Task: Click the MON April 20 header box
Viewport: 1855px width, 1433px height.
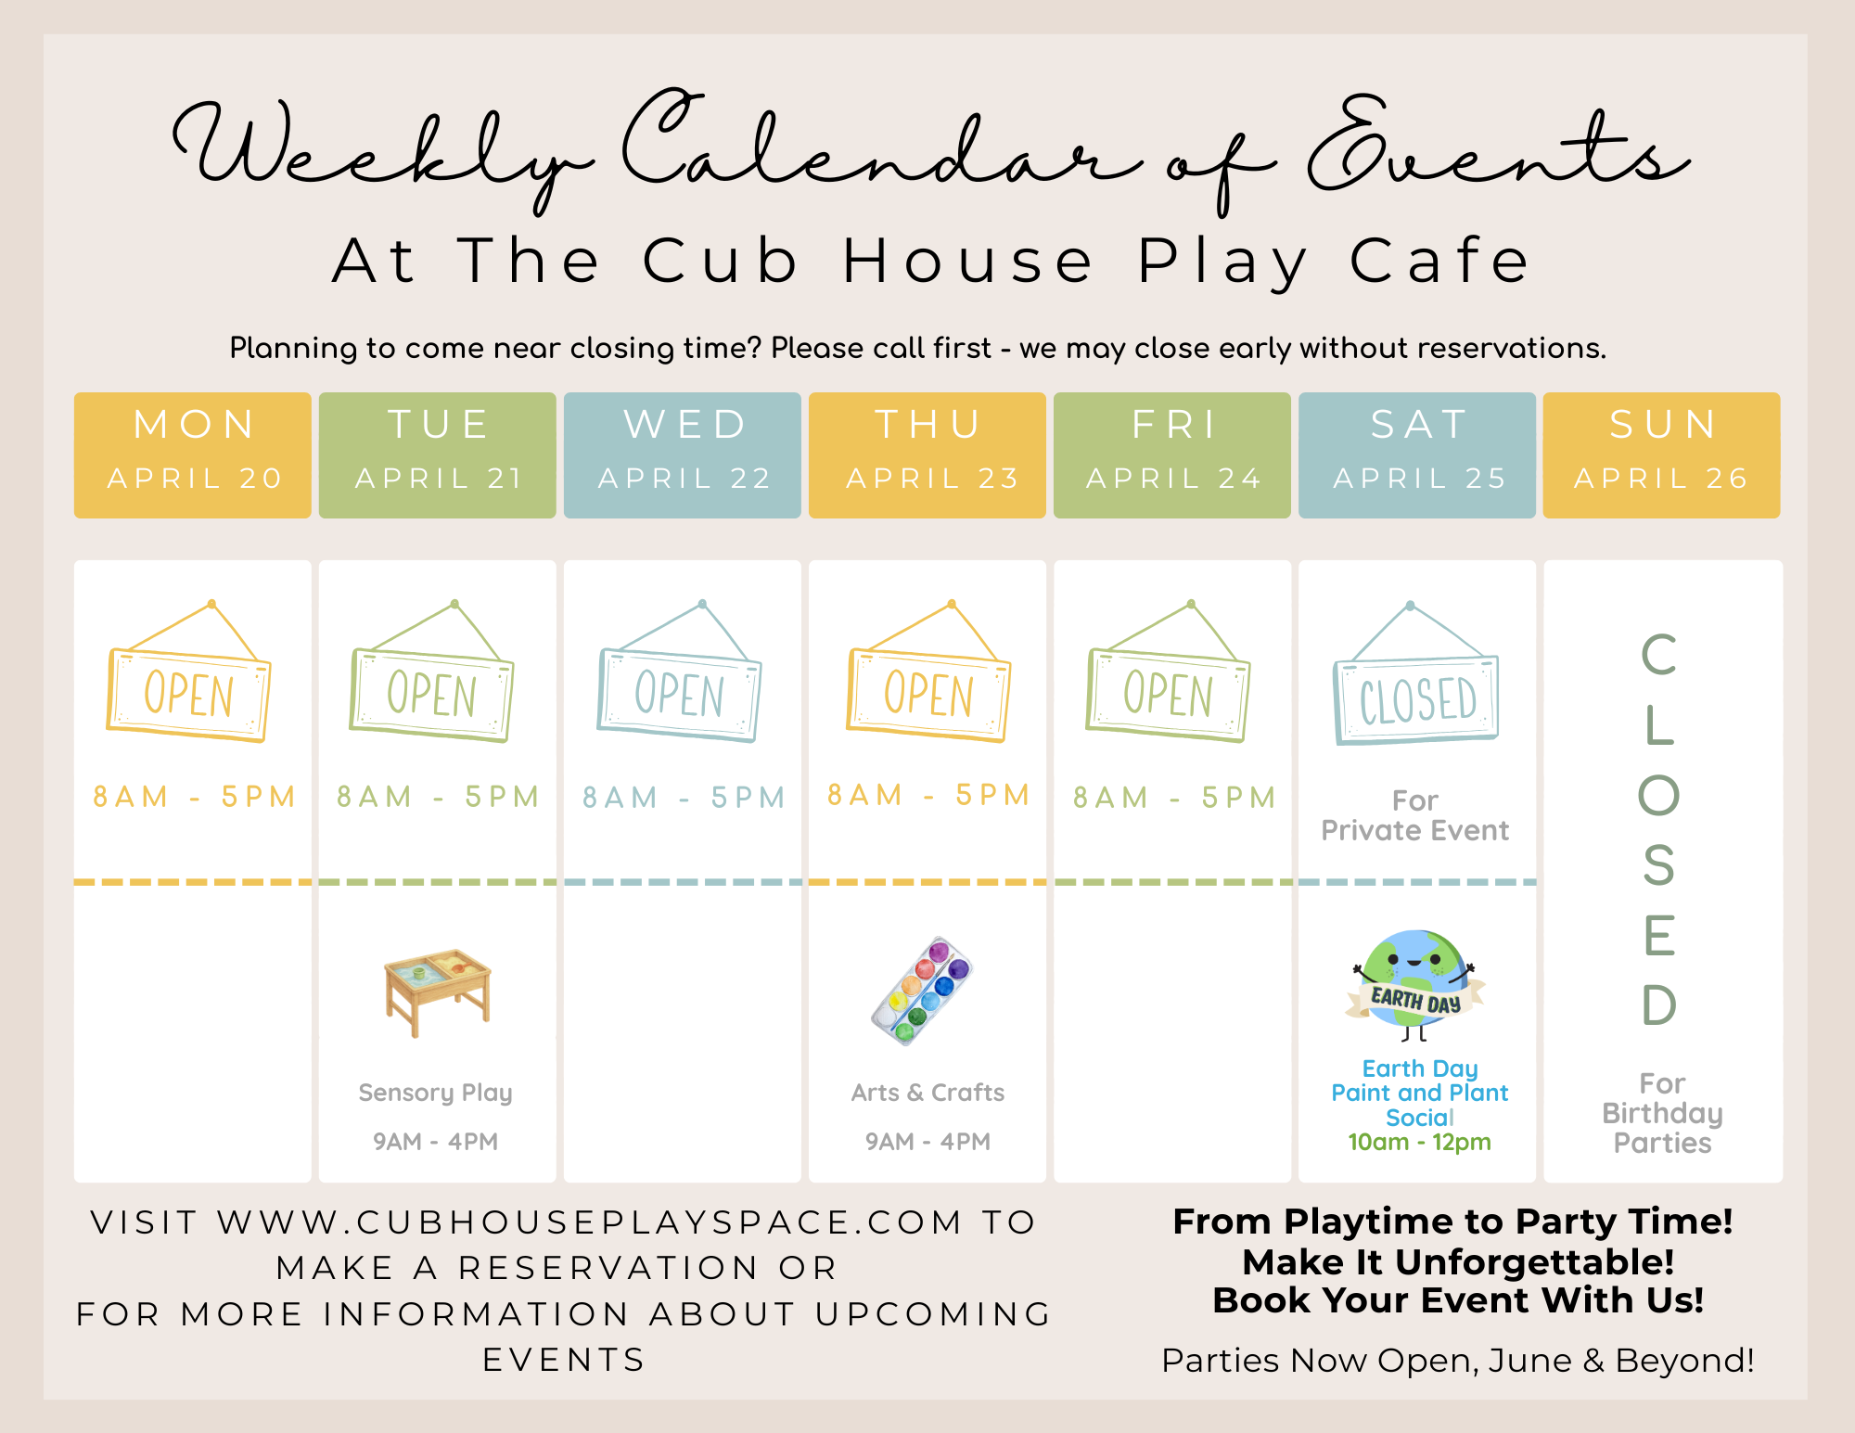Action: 193,454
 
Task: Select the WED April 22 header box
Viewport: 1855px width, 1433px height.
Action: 683,454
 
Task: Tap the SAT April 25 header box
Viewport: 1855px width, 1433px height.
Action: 1417,454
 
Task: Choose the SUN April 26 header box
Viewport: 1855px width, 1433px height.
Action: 1662,454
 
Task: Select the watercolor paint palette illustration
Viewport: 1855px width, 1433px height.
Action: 922,991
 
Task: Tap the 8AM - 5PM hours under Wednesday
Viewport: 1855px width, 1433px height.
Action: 684,798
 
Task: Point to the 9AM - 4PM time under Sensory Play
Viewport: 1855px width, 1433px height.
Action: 436,1141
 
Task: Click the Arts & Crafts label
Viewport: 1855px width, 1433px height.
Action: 927,1093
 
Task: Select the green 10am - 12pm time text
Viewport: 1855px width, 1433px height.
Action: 1419,1142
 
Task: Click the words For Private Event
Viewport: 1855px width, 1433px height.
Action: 1415,815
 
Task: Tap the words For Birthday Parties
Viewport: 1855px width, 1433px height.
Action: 1662,1113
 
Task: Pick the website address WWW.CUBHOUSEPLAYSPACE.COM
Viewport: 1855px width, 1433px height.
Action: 591,1222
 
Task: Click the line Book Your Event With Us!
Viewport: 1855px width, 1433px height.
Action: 1458,1301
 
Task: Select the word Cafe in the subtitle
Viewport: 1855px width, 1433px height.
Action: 1439,261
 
